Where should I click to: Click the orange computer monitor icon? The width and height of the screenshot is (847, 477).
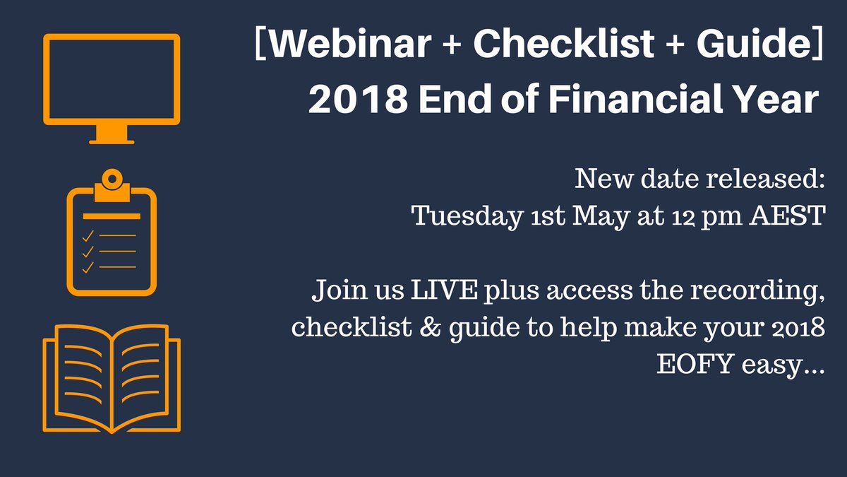pyautogui.click(x=112, y=85)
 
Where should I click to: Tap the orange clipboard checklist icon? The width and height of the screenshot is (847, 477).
pyautogui.click(x=112, y=237)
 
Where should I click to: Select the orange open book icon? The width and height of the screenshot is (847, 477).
pyautogui.click(x=112, y=378)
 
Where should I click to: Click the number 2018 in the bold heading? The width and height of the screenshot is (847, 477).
pyautogui.click(x=356, y=100)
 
